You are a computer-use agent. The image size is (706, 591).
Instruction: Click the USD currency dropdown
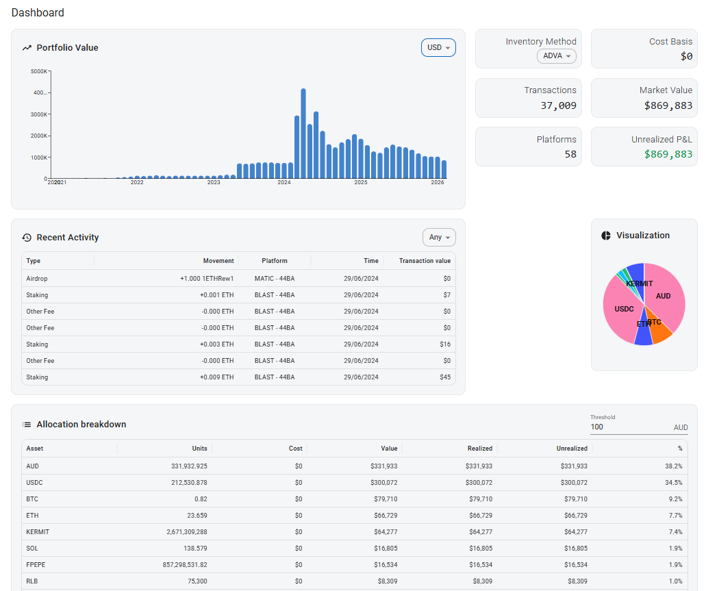438,48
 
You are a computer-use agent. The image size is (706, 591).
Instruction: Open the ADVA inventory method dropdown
556,56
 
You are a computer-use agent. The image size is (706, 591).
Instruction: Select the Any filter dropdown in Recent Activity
439,238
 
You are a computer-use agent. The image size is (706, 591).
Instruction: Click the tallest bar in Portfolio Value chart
303,134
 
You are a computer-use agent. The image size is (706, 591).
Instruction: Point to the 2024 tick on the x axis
284,183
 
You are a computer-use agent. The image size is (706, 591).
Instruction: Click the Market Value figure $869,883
668,105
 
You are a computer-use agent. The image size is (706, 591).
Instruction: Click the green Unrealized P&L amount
668,154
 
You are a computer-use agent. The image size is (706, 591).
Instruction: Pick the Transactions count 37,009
558,105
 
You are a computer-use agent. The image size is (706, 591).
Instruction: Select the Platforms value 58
570,154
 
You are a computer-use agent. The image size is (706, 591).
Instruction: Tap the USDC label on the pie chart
624,309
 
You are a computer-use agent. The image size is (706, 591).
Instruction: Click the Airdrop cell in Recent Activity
37,279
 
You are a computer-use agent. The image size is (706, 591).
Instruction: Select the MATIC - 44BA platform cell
274,279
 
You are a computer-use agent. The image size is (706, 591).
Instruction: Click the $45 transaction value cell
444,377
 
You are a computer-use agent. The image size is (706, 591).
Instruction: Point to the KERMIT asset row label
38,532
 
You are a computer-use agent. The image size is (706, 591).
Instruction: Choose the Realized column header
479,449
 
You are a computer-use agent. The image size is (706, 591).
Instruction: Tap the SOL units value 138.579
192,549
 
